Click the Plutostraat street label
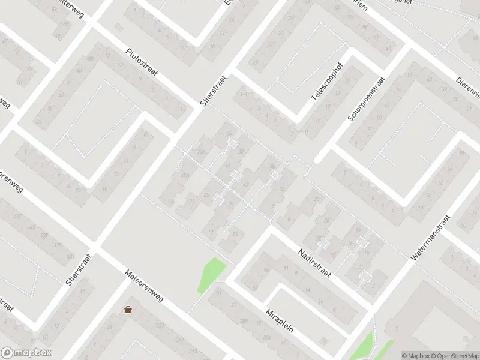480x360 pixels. pos(142,63)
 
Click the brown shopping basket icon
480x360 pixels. pos(128,310)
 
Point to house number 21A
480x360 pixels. pos(202,152)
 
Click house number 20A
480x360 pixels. pos(185,175)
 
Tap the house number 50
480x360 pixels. pos(241,152)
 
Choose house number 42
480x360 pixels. pos(246,184)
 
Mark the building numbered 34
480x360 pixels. pos(282,189)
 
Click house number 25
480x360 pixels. pos(207,195)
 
